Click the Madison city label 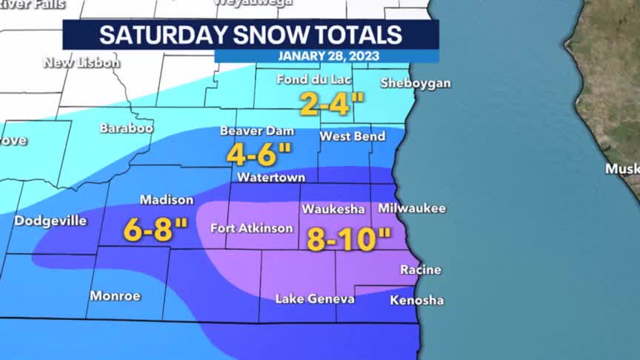coord(167,200)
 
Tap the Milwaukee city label coord(412,209)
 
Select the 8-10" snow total coord(348,239)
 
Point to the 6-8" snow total coord(156,230)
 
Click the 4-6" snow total coord(259,155)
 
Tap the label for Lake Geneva coord(315,299)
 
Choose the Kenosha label coord(416,300)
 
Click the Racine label coord(420,270)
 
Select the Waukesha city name coord(333,210)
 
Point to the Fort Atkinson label coord(252,228)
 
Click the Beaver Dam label coord(257,131)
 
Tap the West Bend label coord(352,136)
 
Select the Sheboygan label coord(415,83)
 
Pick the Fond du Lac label coord(313,79)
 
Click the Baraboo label coord(127,128)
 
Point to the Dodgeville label coord(50,221)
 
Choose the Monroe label coord(115,296)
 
